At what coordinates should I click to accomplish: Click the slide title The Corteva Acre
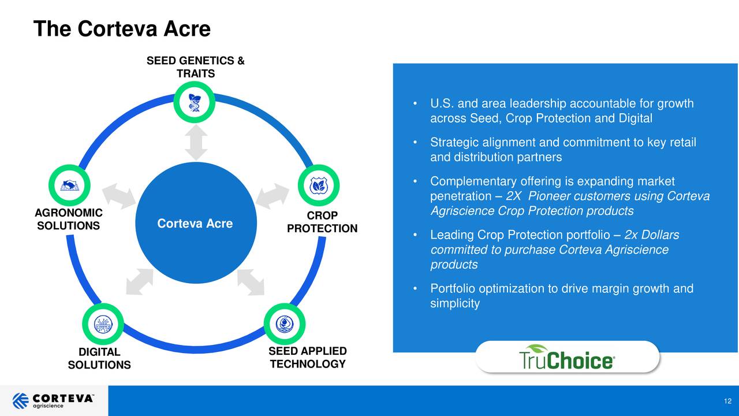(122, 28)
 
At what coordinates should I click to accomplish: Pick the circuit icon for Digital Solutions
(102, 322)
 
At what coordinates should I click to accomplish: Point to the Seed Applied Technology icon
(284, 322)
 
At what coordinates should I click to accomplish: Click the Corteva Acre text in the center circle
(195, 224)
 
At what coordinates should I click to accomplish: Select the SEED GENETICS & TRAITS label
(195, 67)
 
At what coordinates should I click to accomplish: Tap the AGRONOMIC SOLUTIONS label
(68, 219)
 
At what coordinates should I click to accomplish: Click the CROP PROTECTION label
(322, 222)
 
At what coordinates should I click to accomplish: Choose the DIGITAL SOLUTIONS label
(99, 358)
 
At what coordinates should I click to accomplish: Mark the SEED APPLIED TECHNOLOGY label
(307, 357)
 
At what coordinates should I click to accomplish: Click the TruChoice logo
(567, 358)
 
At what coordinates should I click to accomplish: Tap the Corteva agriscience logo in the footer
(53, 400)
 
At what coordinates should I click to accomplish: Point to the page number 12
(727, 402)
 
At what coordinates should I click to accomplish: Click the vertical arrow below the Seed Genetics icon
(196, 143)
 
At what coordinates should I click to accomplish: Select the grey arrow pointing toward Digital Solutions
(139, 282)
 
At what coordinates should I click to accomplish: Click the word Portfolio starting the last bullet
(453, 288)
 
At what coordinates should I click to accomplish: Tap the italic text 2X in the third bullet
(514, 197)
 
